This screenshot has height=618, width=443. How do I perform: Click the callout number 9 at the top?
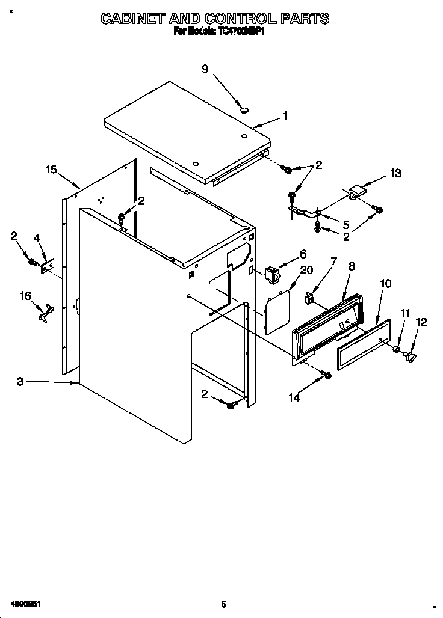[205, 70]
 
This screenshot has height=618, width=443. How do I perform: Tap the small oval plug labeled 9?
[245, 109]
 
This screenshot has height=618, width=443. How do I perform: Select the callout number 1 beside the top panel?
[285, 117]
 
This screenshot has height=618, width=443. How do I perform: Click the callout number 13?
[395, 173]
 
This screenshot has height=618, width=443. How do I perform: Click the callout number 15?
[52, 170]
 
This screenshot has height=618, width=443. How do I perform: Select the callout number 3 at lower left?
[20, 381]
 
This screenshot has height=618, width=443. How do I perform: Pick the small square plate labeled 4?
[48, 265]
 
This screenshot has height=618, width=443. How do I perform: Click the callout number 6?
[303, 254]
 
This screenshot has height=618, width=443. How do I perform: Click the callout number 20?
[306, 270]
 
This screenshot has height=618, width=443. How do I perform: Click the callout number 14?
[294, 397]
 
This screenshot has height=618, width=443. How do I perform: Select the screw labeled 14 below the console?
[327, 375]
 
